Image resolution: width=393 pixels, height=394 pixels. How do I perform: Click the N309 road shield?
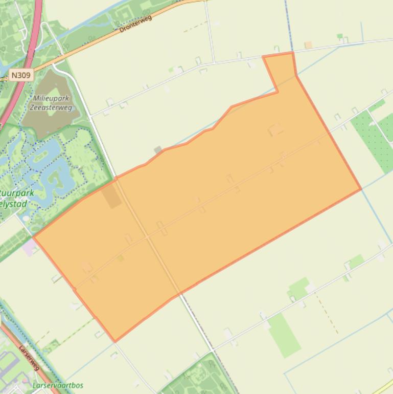(x=20, y=75)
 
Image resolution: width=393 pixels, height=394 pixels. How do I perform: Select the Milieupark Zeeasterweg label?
(x=52, y=103)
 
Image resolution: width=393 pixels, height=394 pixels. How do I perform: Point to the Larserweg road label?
(x=30, y=357)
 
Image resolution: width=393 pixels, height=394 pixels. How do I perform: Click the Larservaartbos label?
(x=57, y=385)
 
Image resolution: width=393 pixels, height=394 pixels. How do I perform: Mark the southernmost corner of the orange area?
(x=115, y=341)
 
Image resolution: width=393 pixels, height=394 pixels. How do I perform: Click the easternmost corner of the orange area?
(x=361, y=189)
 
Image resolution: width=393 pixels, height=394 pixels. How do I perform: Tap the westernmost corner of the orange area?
(x=34, y=237)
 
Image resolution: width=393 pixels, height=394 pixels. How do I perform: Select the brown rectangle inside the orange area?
(x=111, y=196)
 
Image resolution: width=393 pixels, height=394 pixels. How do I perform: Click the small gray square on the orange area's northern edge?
(x=158, y=150)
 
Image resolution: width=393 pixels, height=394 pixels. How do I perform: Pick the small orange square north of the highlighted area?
(x=308, y=45)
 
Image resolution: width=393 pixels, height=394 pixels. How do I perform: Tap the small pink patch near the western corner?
(x=29, y=248)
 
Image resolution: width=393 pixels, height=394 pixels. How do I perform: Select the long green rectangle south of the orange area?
(x=284, y=335)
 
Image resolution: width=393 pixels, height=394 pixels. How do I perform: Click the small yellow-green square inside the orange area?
(x=121, y=258)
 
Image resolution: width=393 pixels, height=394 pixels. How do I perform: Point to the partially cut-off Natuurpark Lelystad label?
(x=17, y=199)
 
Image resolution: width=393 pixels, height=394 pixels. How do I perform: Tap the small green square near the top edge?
(x=340, y=36)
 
